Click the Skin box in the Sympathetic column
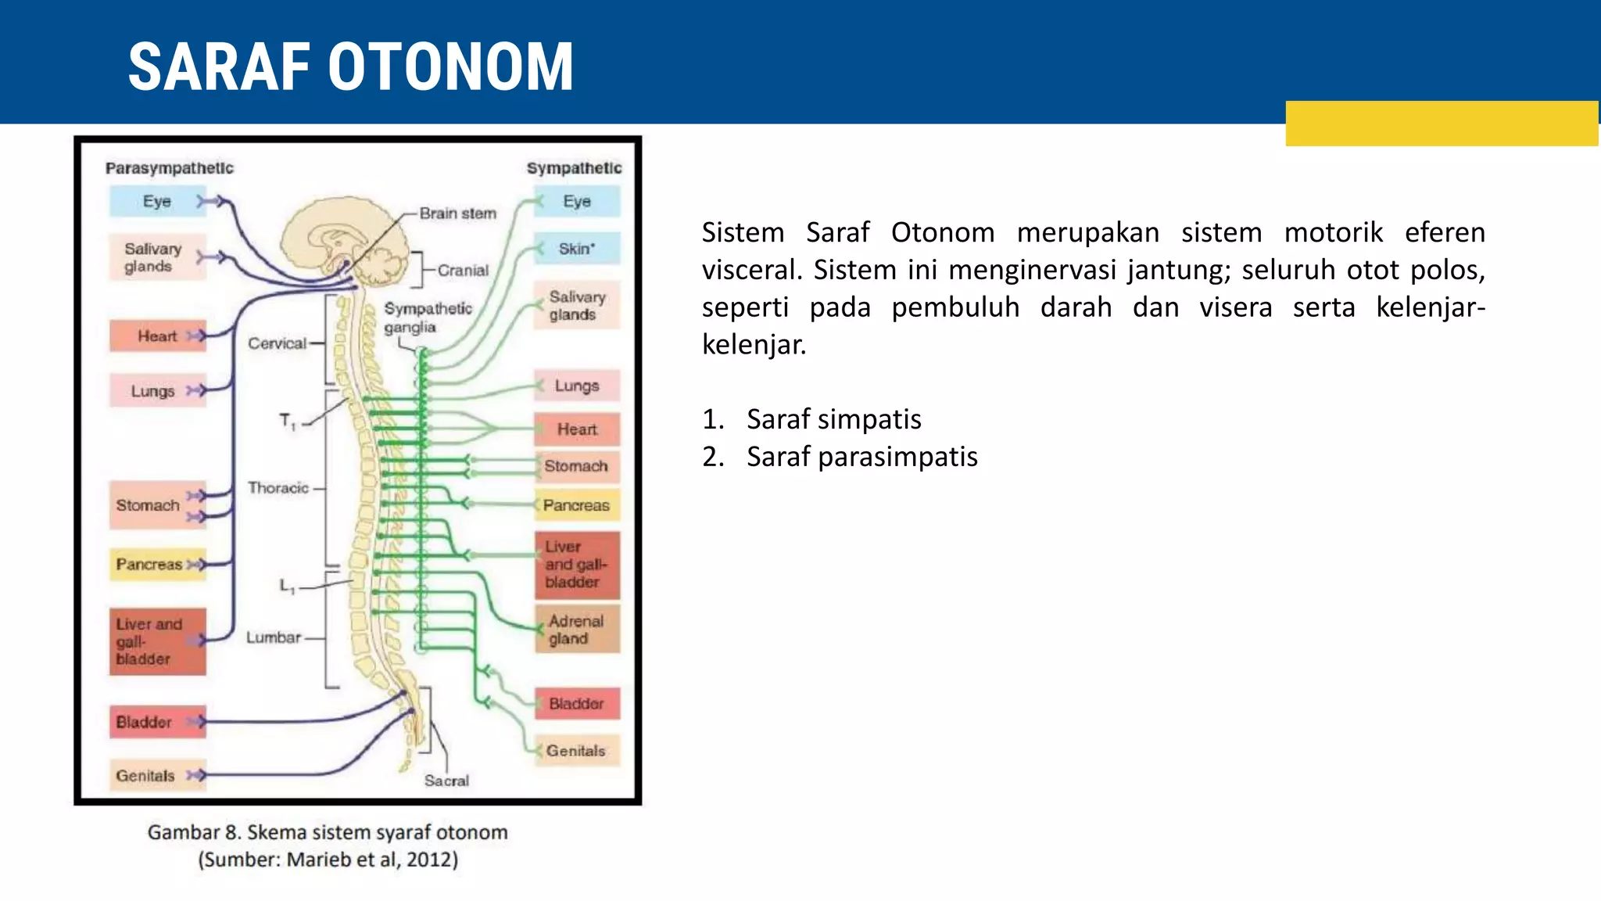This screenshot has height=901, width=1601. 577,249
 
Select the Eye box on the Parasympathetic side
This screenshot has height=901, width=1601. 156,201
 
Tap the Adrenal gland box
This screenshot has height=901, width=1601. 577,630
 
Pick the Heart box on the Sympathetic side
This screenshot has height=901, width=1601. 577,429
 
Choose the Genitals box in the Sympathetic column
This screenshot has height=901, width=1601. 577,751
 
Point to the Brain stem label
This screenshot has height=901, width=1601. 457,213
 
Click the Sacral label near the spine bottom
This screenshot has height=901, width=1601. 446,781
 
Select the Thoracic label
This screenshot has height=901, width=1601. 278,488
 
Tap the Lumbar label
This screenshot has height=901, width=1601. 274,637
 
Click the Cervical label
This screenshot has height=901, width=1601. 277,343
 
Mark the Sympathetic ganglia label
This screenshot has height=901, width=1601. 427,318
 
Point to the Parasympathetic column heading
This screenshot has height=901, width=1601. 169,168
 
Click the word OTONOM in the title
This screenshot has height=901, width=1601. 451,68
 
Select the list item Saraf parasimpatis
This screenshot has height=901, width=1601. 861,457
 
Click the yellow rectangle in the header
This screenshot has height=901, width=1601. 1441,124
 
